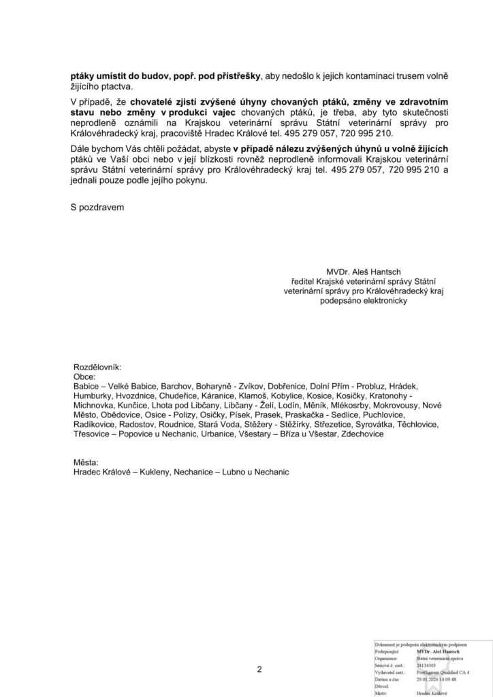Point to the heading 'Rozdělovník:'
[96, 366]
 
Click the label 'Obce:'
[84, 375]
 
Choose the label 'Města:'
[86, 462]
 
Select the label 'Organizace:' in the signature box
[386, 658]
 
